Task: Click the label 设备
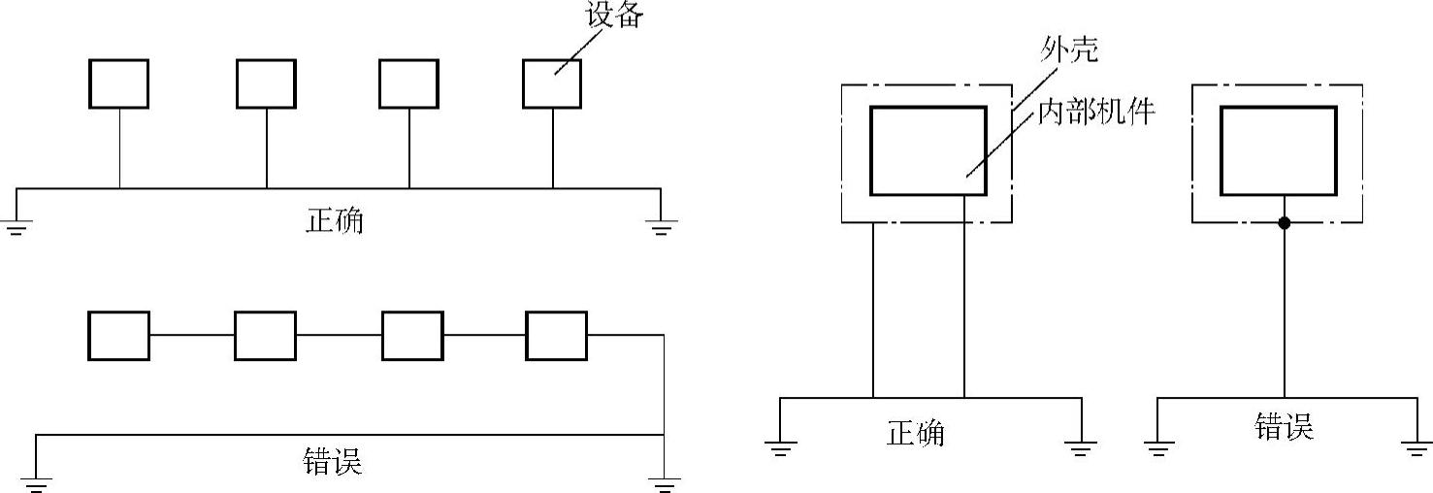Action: pyautogui.click(x=612, y=16)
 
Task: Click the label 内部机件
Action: pyautogui.click(x=1097, y=112)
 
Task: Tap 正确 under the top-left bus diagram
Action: pyautogui.click(x=334, y=220)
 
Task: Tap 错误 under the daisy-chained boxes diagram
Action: pyautogui.click(x=333, y=461)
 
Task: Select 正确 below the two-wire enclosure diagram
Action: pyautogui.click(x=915, y=432)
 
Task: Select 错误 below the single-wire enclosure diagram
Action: pyautogui.click(x=1284, y=427)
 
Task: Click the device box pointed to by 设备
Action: pyautogui.click(x=552, y=83)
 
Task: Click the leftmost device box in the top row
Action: pyautogui.click(x=119, y=83)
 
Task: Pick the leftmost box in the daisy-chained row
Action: pyautogui.click(x=119, y=336)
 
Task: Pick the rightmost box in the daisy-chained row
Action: pyautogui.click(x=557, y=336)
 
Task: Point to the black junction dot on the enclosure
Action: pyautogui.click(x=1285, y=223)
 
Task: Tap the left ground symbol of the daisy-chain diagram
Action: pyautogui.click(x=36, y=479)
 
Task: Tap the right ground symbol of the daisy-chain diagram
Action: pyautogui.click(x=664, y=479)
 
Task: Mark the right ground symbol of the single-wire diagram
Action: pyautogui.click(x=1417, y=447)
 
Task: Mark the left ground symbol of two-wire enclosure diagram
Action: pyautogui.click(x=781, y=447)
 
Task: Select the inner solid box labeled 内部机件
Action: pyautogui.click(x=928, y=150)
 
